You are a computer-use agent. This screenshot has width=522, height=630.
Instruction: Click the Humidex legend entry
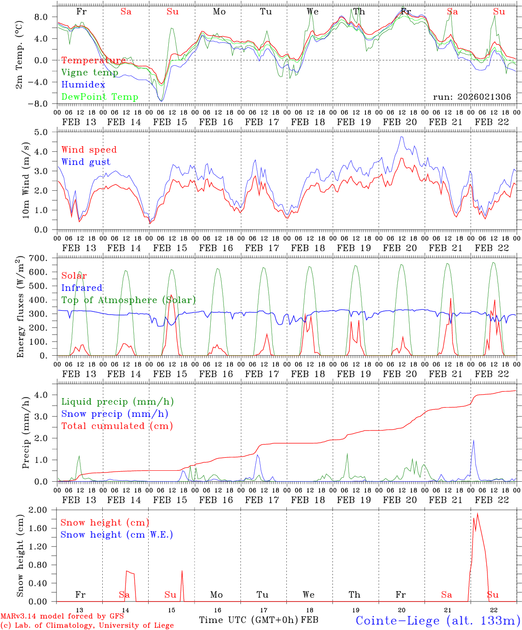click(x=83, y=85)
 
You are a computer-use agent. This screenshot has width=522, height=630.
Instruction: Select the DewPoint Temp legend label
click(x=100, y=97)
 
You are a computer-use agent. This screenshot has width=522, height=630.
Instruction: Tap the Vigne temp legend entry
click(x=90, y=73)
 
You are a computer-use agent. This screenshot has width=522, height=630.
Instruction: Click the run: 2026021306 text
click(x=472, y=97)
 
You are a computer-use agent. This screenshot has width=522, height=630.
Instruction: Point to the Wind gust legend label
click(x=86, y=162)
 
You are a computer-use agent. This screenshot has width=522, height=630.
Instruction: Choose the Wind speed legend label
click(x=89, y=150)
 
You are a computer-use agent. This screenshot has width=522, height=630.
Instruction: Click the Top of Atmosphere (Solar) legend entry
click(x=129, y=300)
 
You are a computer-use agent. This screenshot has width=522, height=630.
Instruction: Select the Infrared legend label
click(x=82, y=288)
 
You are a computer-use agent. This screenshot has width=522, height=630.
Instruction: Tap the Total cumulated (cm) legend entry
click(x=117, y=426)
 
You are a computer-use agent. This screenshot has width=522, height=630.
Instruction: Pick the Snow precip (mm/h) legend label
click(x=115, y=414)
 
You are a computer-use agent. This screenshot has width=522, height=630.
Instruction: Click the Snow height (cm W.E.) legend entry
click(x=117, y=535)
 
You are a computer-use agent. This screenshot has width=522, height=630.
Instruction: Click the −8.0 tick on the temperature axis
click(x=42, y=104)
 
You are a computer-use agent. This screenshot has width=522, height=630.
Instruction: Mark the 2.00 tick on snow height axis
click(x=44, y=510)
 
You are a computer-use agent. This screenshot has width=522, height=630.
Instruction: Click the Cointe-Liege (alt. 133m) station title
click(x=438, y=620)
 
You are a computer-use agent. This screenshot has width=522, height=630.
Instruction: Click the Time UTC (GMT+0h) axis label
click(x=249, y=620)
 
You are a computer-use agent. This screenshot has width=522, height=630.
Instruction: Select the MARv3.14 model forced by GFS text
click(x=62, y=616)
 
